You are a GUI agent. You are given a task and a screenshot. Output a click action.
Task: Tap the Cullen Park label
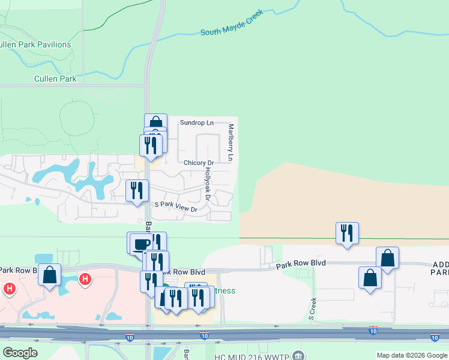pos(55,79)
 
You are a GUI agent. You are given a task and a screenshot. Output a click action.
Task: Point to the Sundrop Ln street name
pos(196,122)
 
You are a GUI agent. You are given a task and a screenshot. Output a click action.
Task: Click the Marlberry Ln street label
pos(231,142)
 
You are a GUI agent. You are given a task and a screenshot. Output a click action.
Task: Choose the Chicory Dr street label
pos(199,163)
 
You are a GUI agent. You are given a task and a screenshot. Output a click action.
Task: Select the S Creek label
pos(313,308)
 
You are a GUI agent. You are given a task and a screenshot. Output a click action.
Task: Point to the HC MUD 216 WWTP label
pos(252,356)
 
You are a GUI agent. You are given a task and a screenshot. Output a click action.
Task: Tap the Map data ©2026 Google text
pos(412,356)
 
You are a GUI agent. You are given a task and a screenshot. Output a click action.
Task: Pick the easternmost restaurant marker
pos(347,233)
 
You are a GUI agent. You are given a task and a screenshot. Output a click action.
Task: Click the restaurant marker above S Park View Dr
pos(137,190)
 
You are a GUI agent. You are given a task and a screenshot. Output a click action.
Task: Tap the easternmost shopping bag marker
pos(388,258)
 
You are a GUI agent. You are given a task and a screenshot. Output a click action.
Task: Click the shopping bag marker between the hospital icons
pos(50,274)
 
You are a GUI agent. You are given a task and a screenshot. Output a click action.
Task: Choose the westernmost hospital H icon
pos(9,289)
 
